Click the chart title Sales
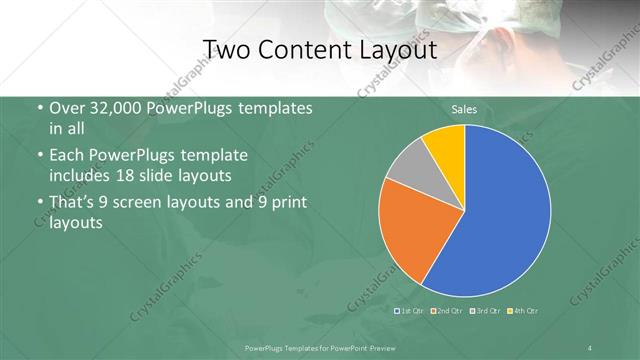pyautogui.click(x=463, y=107)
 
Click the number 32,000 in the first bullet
pyautogui.click(x=113, y=109)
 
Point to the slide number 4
pyautogui.click(x=589, y=347)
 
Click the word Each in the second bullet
pyautogui.click(x=68, y=156)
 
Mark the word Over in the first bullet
pyautogui.click(x=68, y=109)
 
